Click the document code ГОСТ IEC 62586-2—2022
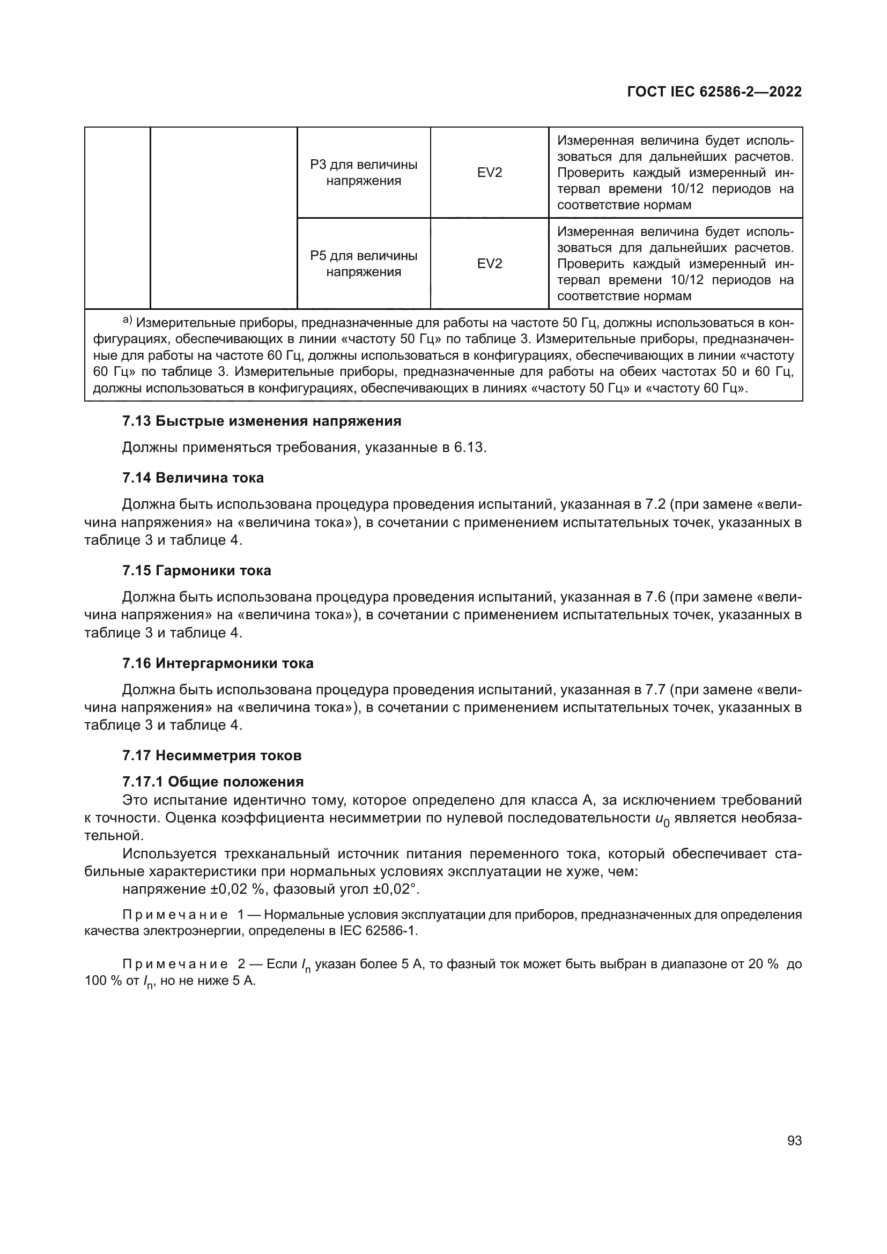[x=714, y=92]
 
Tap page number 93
[x=794, y=1141]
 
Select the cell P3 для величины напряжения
[x=364, y=173]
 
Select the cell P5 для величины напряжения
[x=364, y=264]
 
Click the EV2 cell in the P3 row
[x=490, y=173]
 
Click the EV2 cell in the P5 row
[x=490, y=264]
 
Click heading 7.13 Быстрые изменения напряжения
[x=262, y=421]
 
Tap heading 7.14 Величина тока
[x=193, y=478]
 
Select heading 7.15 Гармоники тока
[x=197, y=571]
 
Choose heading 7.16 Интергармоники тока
[x=218, y=664]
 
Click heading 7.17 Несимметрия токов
[x=212, y=756]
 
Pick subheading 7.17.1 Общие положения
[x=213, y=782]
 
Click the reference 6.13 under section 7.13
[x=469, y=448]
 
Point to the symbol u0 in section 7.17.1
[x=662, y=819]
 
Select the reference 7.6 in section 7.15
[x=655, y=597]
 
